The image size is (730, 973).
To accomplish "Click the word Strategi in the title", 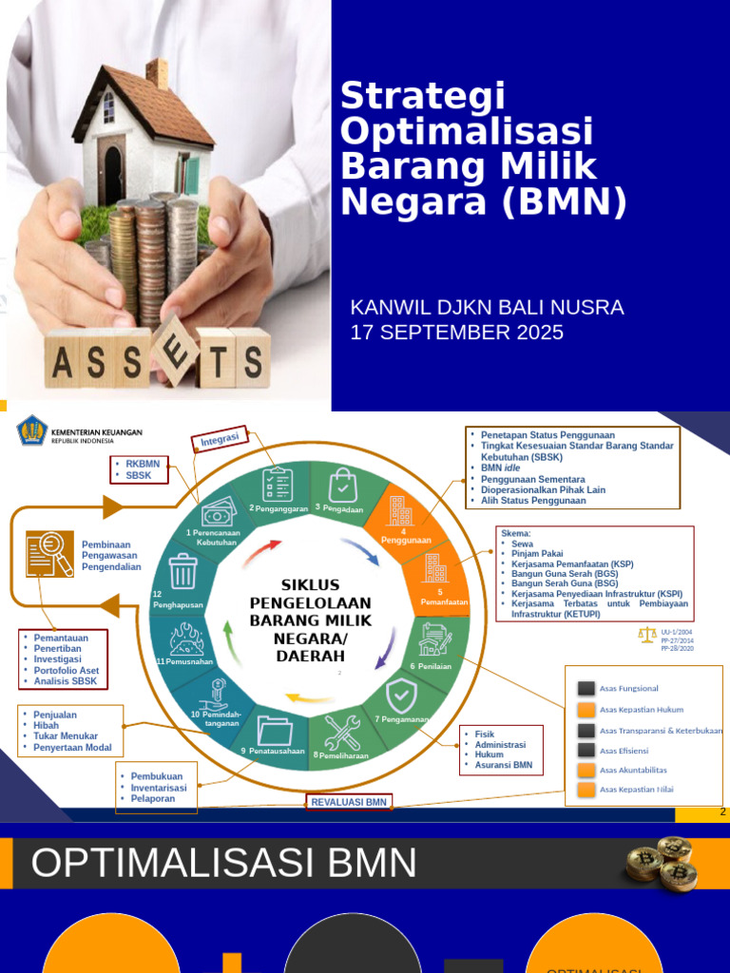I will click(422, 96).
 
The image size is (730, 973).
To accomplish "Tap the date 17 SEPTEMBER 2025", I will click(456, 333).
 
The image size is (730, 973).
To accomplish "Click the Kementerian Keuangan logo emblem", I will click(32, 432).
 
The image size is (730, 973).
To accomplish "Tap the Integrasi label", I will click(221, 438).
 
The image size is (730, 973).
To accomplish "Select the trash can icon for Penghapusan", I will click(182, 572).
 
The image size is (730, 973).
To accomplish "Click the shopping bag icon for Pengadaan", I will click(343, 485).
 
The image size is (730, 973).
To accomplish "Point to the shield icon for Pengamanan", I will click(400, 696).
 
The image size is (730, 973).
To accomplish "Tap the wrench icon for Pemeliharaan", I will click(341, 732).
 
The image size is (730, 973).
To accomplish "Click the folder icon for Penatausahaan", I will click(275, 731).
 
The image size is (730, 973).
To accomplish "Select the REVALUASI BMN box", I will click(349, 802).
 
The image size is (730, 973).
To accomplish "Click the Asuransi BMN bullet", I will click(504, 765).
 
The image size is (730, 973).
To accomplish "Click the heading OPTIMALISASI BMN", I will click(224, 864).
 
